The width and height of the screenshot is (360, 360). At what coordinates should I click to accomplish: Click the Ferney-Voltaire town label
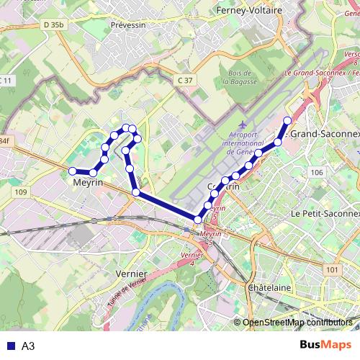248,11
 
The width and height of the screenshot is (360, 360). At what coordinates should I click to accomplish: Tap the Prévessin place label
130,24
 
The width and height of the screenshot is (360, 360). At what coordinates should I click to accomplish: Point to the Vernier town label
131,274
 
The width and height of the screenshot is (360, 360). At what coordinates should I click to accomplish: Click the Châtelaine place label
269,287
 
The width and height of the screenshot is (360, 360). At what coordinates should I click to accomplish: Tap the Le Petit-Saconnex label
325,214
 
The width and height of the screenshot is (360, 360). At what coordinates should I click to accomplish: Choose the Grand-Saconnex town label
324,134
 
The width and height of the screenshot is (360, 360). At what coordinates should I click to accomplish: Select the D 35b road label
53,24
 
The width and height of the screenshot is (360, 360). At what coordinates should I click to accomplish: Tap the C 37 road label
185,80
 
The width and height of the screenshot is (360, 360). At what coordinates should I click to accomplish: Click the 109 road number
20,192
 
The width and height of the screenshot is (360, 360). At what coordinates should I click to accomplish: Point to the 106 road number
316,172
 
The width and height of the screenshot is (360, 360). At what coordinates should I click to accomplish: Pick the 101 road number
331,270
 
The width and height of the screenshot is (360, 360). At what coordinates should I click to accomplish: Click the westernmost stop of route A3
72,171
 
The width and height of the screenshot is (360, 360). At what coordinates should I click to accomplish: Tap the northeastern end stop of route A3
287,120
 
